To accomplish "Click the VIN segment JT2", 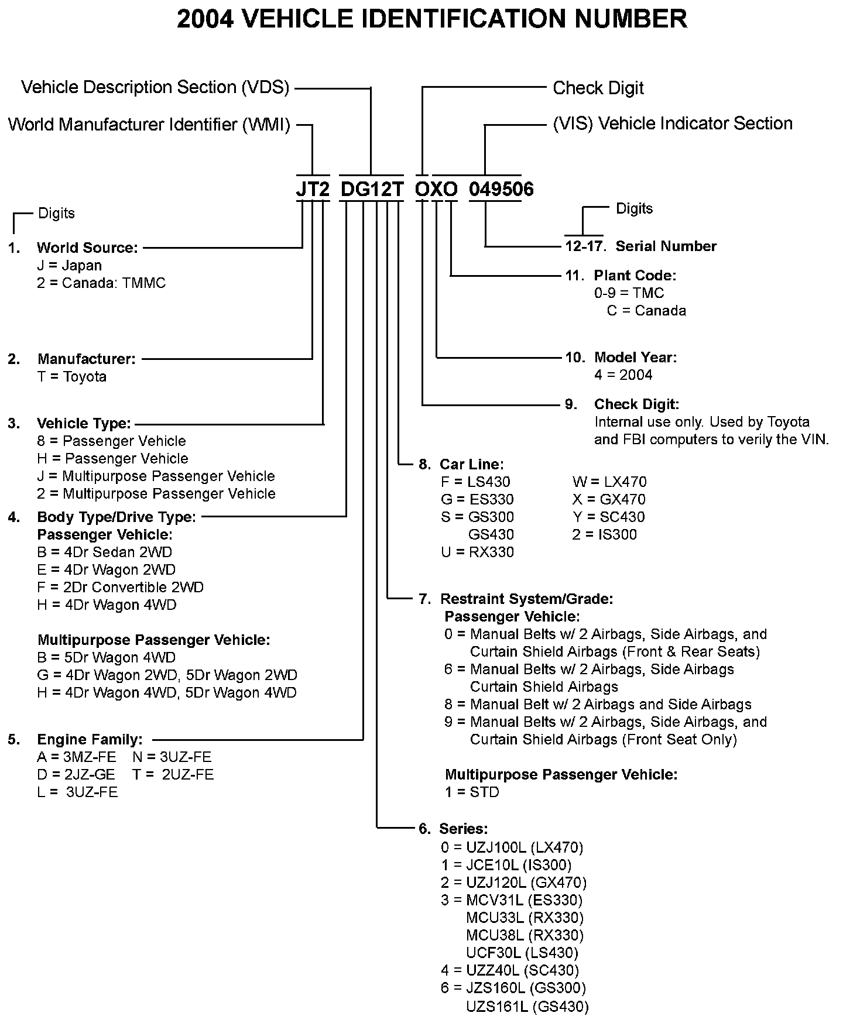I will [313, 189].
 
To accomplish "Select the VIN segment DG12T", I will [372, 189].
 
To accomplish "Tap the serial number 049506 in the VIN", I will [501, 189].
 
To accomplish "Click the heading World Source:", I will [87, 248].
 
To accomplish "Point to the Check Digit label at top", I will [598, 88].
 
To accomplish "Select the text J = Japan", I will [69, 265].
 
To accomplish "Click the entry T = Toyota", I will [72, 376].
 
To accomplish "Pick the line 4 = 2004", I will [623, 375].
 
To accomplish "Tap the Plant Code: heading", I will [635, 275].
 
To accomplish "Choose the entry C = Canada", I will [646, 310].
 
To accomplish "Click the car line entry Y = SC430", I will [609, 517].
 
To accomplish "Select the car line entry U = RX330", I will [477, 552].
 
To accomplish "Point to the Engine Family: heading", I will [90, 739].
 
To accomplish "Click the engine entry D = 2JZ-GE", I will [76, 774].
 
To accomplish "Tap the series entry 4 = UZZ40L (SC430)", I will [510, 970].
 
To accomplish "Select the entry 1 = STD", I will [472, 792].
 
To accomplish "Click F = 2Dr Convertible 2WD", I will [120, 587].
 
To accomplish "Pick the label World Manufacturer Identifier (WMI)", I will [149, 125].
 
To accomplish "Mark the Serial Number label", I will [666, 246].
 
